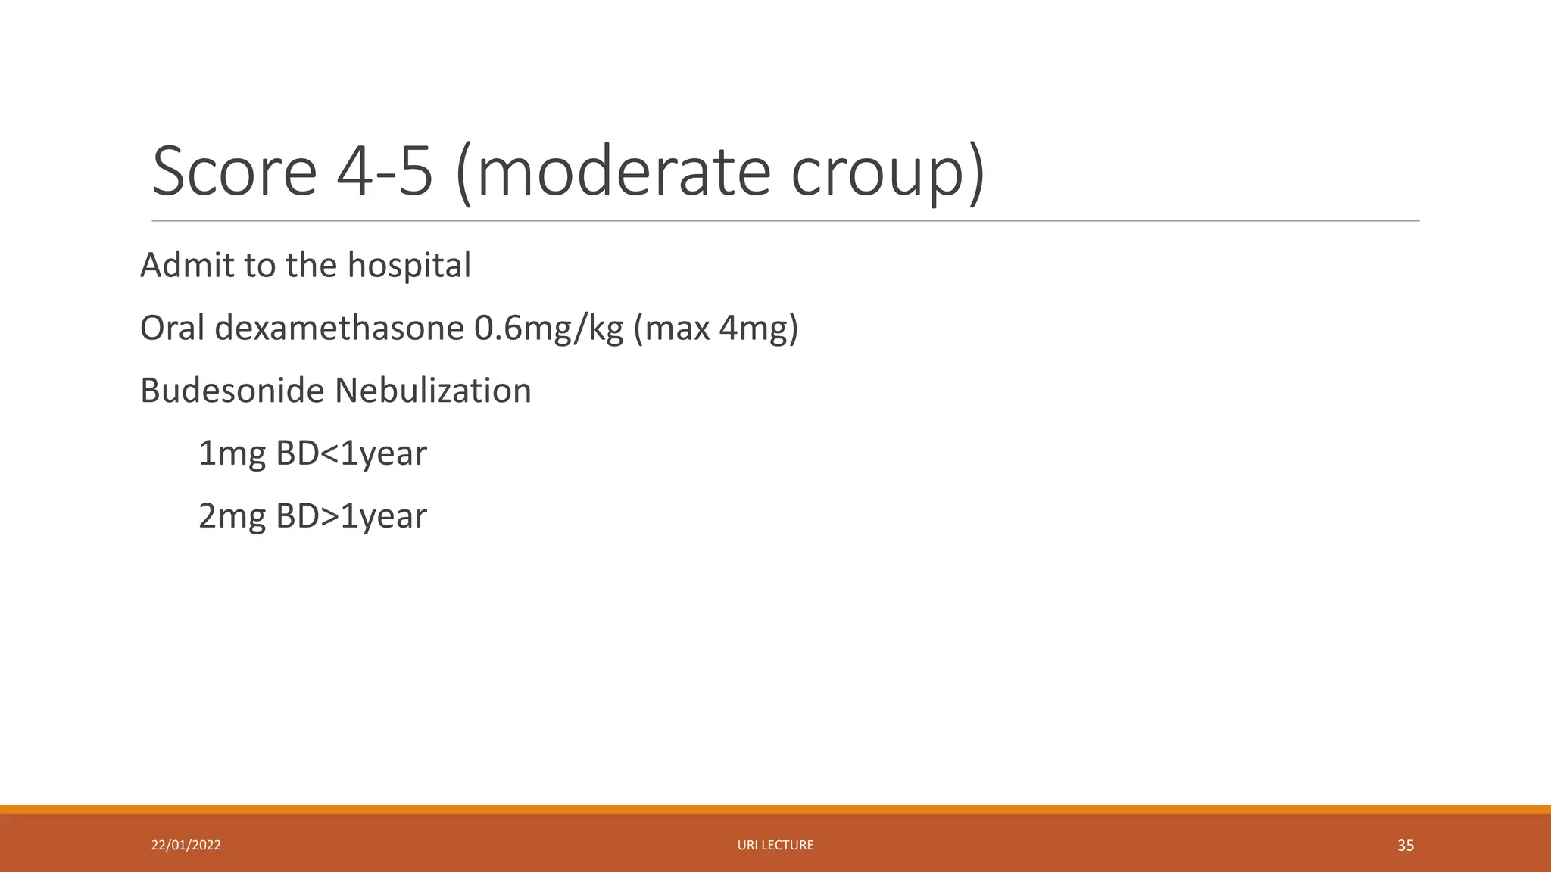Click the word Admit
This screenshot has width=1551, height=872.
187,265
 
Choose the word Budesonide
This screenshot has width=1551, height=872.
232,391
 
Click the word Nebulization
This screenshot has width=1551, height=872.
432,391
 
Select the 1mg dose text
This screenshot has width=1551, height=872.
232,454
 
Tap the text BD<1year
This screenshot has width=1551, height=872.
351,454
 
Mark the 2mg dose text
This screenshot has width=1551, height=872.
232,517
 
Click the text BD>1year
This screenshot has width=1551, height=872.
351,517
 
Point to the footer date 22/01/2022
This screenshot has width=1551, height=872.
186,845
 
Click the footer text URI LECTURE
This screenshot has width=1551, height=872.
775,845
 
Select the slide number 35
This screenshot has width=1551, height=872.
1405,846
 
